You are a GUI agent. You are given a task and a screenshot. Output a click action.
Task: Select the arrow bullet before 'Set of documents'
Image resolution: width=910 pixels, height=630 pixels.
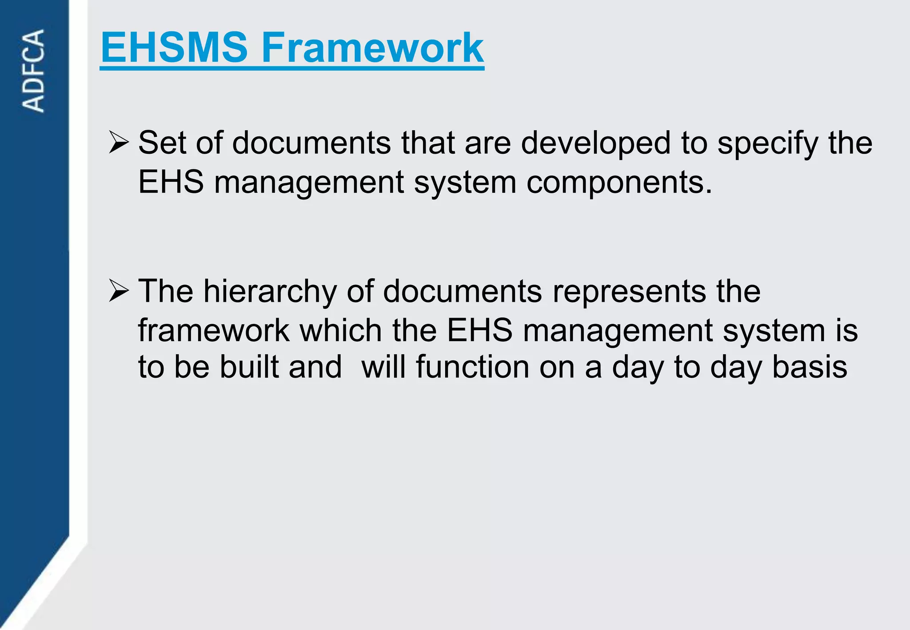119,143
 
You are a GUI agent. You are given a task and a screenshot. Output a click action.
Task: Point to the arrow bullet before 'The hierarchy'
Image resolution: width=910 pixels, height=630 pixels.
119,291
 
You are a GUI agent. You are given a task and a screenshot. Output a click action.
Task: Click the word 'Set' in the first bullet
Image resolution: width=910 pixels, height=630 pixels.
162,143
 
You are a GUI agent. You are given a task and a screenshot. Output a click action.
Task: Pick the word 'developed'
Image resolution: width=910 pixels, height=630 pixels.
595,143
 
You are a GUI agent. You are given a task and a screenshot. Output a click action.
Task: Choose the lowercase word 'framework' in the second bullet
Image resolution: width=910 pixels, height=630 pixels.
214,331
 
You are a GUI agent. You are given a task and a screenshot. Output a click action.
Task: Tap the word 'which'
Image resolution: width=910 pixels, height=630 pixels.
341,331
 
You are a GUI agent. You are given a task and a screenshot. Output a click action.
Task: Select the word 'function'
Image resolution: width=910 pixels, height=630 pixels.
472,367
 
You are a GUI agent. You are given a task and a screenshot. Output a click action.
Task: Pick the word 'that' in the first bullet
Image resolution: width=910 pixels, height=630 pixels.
428,143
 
